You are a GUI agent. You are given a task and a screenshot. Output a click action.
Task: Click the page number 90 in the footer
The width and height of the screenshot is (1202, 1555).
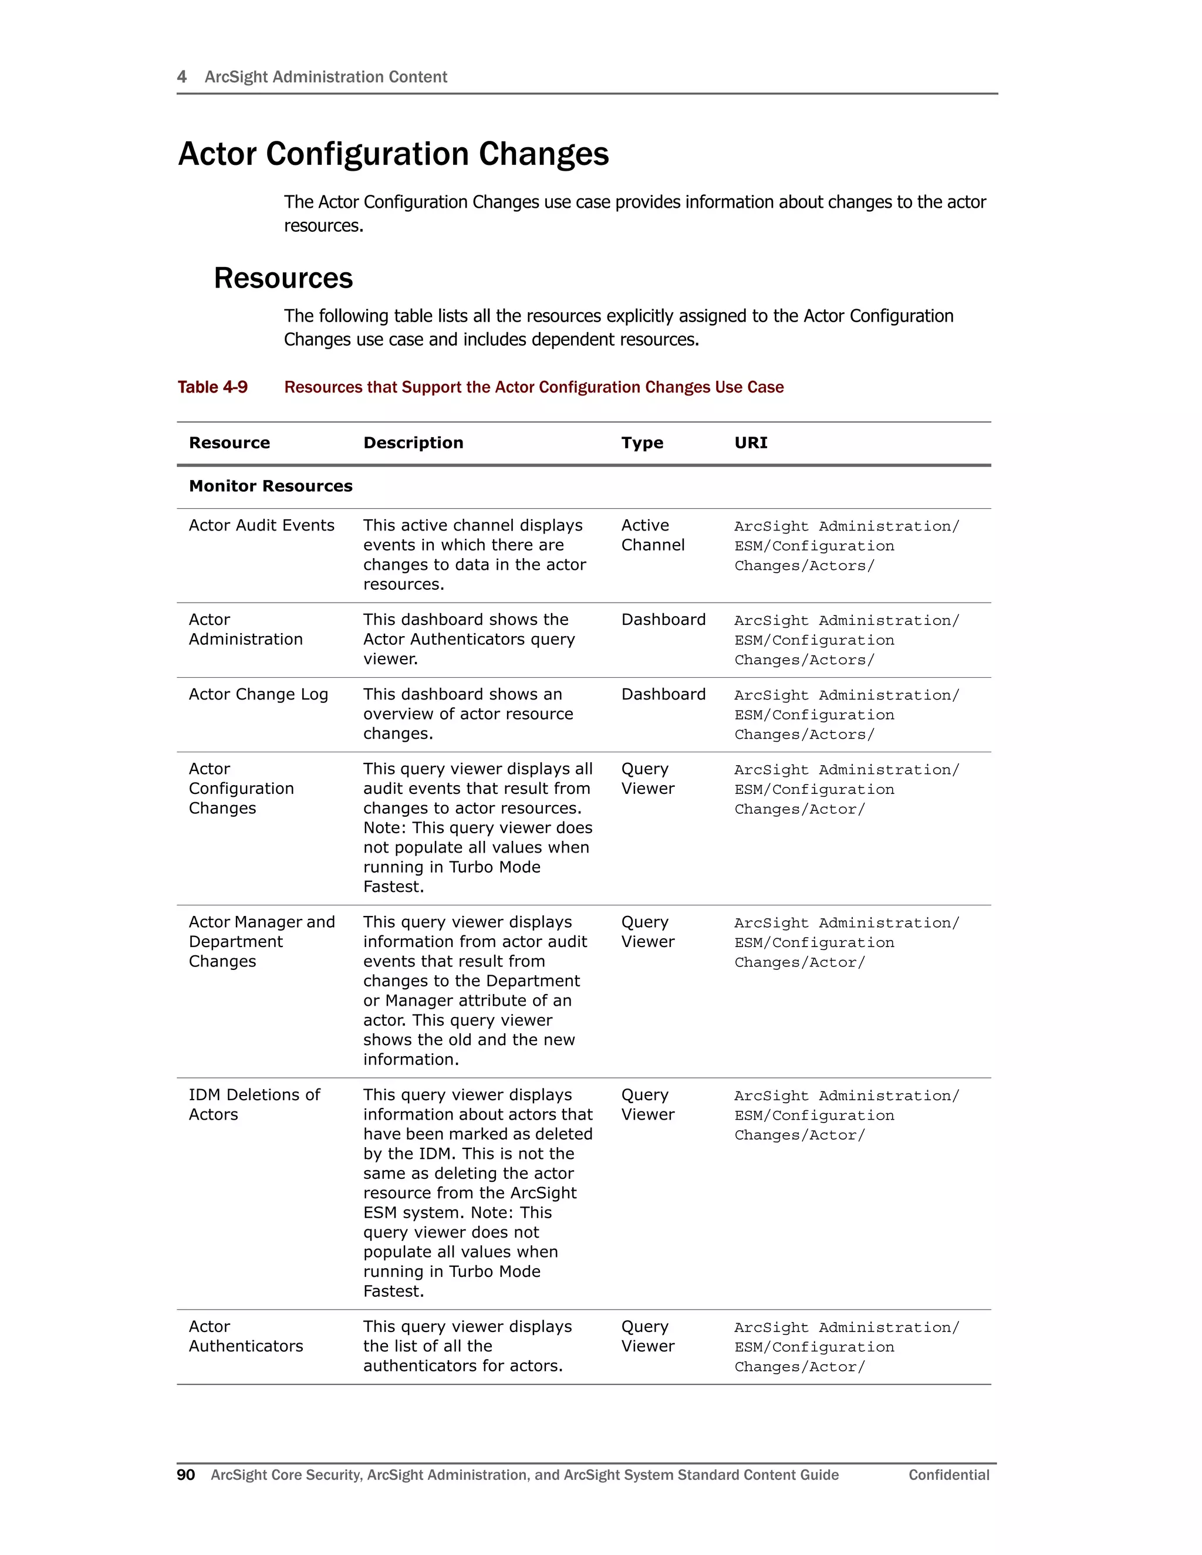click(x=186, y=1475)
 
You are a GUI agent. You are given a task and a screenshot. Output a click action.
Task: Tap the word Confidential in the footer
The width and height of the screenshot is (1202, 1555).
click(x=948, y=1475)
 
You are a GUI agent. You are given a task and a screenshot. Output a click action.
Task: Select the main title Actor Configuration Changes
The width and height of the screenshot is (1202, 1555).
click(x=393, y=154)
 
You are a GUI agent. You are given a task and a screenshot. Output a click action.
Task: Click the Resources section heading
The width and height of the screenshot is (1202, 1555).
click(x=283, y=278)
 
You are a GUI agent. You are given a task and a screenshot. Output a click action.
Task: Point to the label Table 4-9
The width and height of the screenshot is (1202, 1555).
click(x=212, y=387)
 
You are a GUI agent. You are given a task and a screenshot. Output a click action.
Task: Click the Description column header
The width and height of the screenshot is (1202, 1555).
click(x=413, y=443)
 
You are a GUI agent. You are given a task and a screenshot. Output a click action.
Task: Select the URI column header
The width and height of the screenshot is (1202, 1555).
click(x=751, y=443)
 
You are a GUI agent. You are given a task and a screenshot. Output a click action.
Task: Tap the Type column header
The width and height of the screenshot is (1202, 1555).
click(x=641, y=443)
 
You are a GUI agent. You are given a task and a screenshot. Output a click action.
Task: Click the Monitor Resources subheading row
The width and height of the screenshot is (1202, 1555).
click(x=271, y=486)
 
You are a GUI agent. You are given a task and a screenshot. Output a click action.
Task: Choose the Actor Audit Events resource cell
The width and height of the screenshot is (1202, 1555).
click(x=261, y=525)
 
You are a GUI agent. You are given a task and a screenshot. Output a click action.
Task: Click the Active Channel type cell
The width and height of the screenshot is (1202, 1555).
click(x=652, y=535)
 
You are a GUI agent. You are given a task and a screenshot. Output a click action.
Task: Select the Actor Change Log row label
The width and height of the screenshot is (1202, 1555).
click(x=258, y=694)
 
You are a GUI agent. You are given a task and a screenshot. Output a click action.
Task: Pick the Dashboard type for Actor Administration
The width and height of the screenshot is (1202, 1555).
click(x=663, y=620)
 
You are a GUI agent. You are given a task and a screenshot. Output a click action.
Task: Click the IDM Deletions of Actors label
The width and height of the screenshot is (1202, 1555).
click(x=254, y=1104)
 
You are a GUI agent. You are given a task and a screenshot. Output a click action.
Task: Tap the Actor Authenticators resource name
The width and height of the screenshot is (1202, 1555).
click(x=246, y=1336)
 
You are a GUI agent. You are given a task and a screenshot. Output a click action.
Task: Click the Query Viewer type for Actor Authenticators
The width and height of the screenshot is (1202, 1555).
click(x=647, y=1336)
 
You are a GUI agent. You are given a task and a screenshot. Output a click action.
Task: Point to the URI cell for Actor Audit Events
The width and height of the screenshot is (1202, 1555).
click(x=846, y=546)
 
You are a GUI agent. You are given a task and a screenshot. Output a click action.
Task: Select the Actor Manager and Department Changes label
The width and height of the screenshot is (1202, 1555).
click(x=261, y=941)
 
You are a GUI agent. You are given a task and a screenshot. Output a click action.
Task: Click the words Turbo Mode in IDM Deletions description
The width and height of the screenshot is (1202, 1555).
click(x=494, y=1272)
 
